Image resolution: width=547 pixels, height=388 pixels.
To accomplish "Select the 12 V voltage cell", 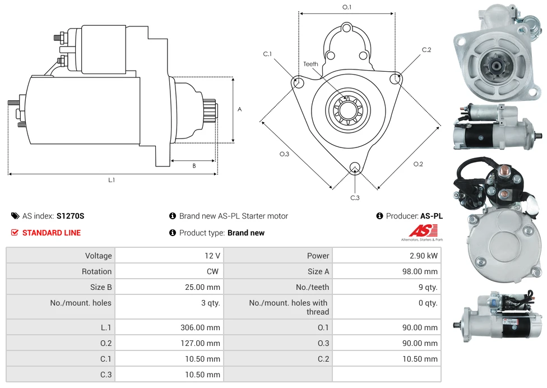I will pyautogui.click(x=212, y=256).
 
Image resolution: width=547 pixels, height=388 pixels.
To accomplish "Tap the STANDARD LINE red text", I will pyautogui.click(x=51, y=233).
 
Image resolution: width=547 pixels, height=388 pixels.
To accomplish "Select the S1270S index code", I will pyautogui.click(x=70, y=216).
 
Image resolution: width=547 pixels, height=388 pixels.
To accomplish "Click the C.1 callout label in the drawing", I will pyautogui.click(x=267, y=54).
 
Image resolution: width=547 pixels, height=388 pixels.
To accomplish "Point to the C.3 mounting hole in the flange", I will pyautogui.click(x=354, y=168).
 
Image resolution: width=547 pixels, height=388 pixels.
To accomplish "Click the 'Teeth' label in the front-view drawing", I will pyautogui.click(x=310, y=64).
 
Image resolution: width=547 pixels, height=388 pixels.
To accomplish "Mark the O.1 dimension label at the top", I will pyautogui.click(x=347, y=7).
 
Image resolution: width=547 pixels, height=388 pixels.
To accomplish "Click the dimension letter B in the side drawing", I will pyautogui.click(x=194, y=165).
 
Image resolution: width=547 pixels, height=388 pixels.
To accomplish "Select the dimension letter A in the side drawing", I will pyautogui.click(x=239, y=109).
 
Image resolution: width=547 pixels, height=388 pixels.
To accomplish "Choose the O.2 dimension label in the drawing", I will pyautogui.click(x=418, y=164).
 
